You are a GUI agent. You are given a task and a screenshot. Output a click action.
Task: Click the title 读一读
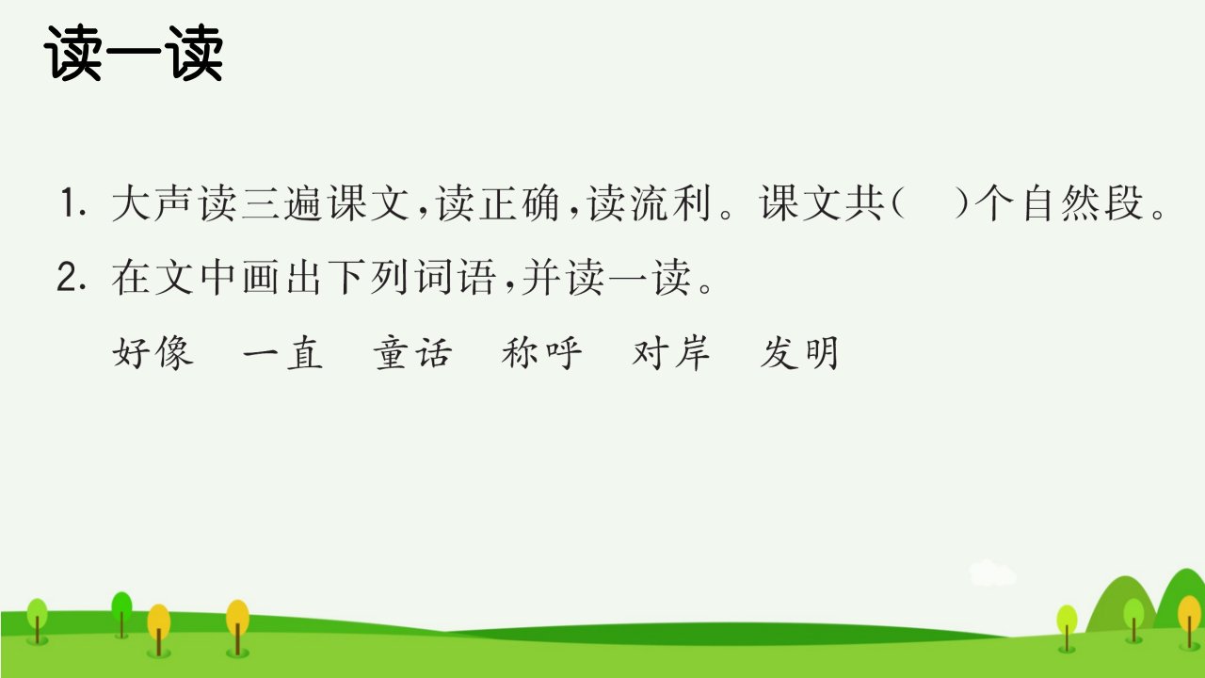click(134, 54)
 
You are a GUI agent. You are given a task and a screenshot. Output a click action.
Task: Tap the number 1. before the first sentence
click(72, 202)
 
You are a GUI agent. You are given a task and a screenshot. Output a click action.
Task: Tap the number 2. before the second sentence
click(72, 278)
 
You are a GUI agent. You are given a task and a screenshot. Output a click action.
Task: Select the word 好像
click(153, 353)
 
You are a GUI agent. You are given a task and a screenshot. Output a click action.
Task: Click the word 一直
click(282, 353)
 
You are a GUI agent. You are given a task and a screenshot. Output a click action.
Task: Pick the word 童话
click(412, 353)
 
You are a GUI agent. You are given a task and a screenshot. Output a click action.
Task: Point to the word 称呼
click(541, 353)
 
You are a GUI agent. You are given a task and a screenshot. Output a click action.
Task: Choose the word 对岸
click(671, 353)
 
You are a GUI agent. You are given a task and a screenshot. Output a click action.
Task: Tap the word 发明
click(800, 353)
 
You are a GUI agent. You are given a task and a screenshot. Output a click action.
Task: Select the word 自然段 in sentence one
click(1083, 203)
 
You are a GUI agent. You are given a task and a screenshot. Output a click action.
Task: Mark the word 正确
click(519, 203)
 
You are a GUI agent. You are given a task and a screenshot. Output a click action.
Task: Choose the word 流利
click(671, 203)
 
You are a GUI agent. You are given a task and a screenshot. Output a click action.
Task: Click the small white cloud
click(992, 573)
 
